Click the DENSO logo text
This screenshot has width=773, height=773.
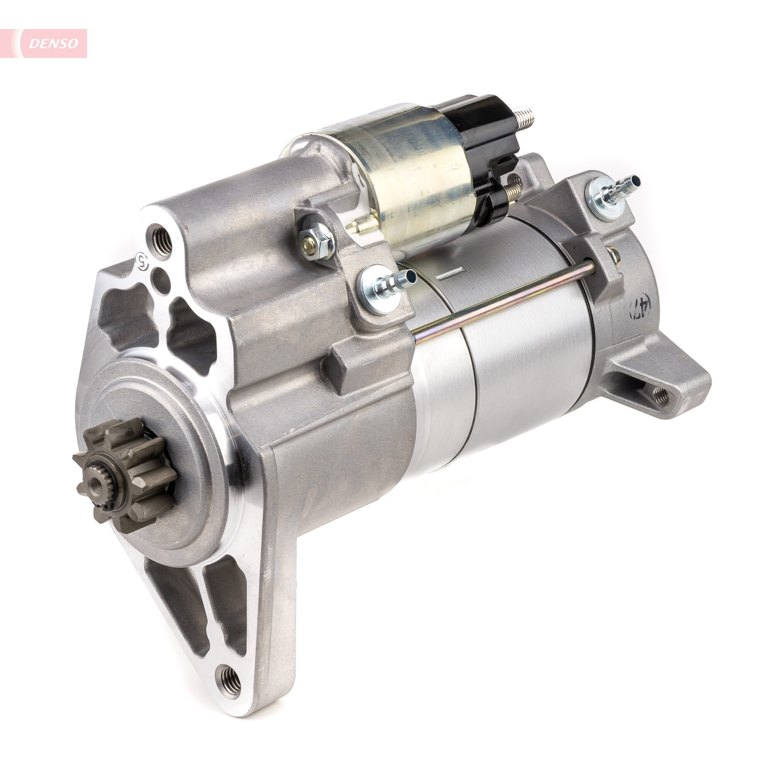pyautogui.click(x=54, y=44)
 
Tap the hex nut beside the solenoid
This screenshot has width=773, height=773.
pyautogui.click(x=317, y=240)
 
